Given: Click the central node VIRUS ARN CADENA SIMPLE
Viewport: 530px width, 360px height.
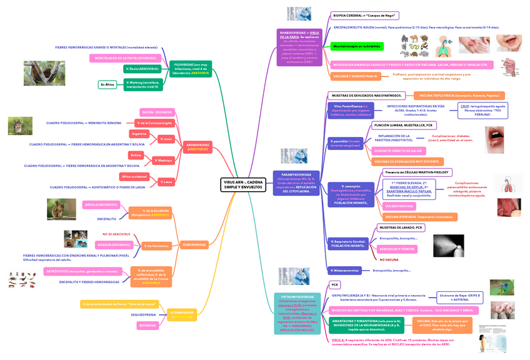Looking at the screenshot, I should (x=243, y=184).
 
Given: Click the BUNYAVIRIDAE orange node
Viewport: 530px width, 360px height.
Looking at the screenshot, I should (x=194, y=244).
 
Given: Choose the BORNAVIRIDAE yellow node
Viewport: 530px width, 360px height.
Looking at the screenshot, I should (x=182, y=314).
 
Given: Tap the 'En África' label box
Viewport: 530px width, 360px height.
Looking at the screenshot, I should (x=107, y=84).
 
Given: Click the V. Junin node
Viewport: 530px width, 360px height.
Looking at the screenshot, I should (x=166, y=139).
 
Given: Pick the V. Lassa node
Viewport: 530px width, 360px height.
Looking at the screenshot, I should (x=166, y=182).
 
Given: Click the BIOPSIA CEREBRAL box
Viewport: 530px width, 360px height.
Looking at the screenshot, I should (x=365, y=15).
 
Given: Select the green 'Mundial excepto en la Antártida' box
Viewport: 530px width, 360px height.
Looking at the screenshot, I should (x=356, y=46).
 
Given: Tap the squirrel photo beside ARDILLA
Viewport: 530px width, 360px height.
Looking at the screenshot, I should (x=62, y=209).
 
